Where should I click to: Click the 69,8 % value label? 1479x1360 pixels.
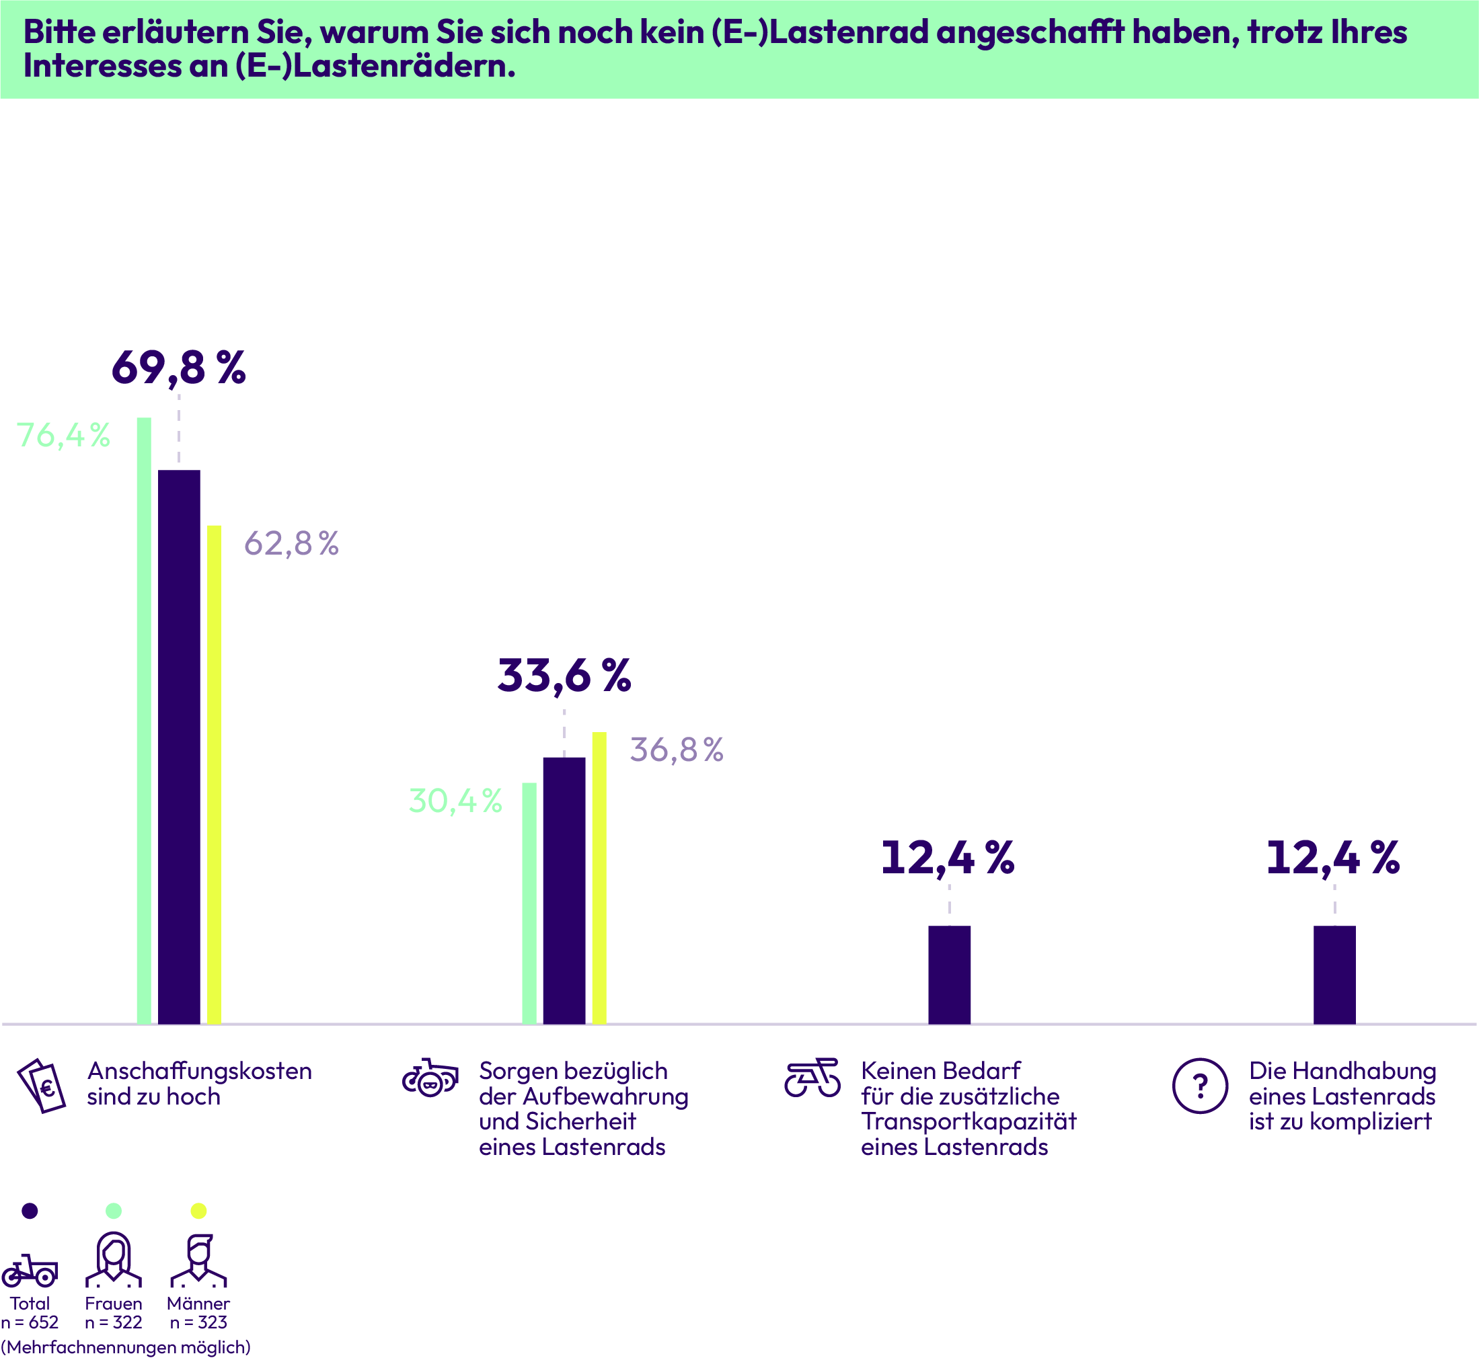[178, 367]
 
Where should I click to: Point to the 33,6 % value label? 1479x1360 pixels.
[564, 675]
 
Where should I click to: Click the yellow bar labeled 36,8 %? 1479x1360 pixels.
[599, 877]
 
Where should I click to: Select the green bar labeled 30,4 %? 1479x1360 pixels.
[529, 902]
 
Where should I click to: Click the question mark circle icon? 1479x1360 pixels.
[1200, 1086]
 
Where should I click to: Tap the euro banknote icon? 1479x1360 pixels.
[42, 1086]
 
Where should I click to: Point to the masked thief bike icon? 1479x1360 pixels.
[430, 1078]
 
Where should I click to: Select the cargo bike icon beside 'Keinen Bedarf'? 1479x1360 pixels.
[812, 1078]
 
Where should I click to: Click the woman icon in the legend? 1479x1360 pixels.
[114, 1259]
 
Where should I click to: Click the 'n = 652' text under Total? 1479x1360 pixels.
[30, 1322]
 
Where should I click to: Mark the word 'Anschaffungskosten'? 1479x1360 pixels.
[200, 1071]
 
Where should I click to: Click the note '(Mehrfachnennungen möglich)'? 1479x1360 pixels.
[126, 1347]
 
